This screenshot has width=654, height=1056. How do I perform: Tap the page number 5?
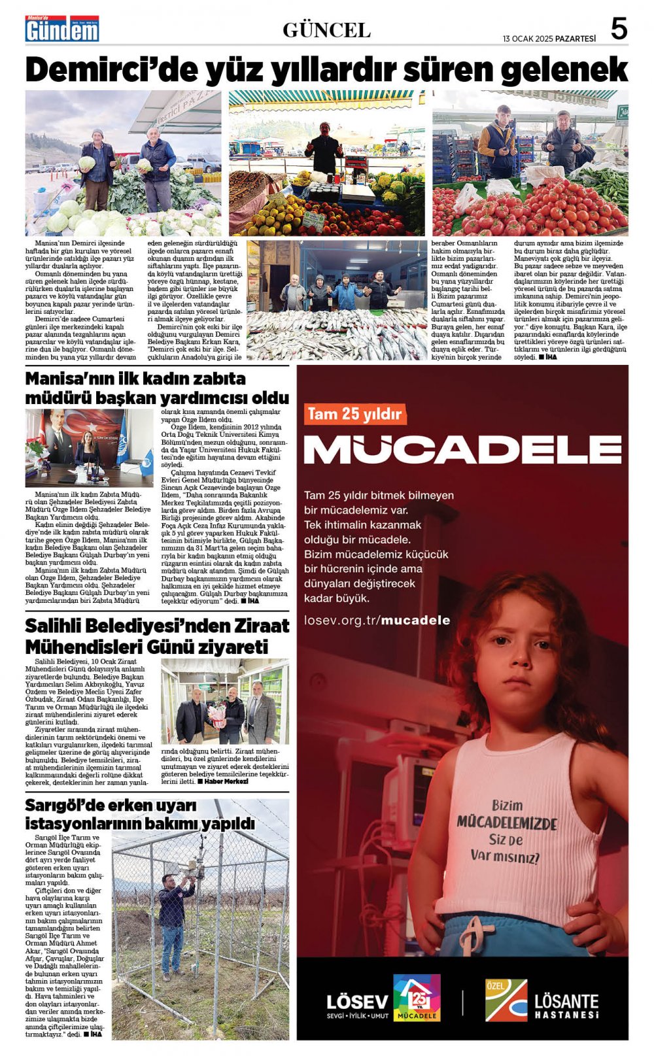click(618, 29)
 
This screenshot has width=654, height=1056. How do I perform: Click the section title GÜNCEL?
click(326, 30)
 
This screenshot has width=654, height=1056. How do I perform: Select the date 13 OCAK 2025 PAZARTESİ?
click(549, 39)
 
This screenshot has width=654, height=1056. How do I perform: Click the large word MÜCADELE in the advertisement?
click(462, 449)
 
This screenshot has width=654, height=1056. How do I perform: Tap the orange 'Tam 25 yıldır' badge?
click(354, 414)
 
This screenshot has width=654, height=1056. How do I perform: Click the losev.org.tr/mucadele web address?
click(377, 620)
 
